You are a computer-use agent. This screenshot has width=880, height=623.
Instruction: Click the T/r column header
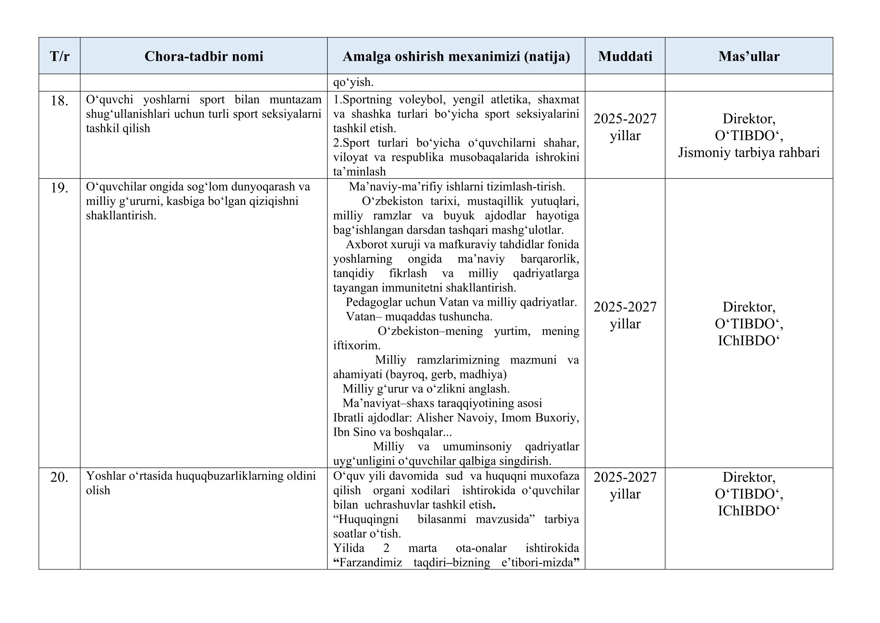coord(59,56)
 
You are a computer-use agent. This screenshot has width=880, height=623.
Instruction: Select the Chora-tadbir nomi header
coord(204,56)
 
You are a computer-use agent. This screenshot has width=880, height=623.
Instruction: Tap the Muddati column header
coord(625,56)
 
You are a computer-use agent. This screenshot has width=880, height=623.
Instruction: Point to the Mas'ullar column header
coord(749,56)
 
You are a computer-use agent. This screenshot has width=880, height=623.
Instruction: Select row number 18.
coord(59,101)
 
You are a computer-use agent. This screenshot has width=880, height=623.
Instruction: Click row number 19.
coord(59,188)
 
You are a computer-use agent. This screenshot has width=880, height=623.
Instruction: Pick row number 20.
coord(59,477)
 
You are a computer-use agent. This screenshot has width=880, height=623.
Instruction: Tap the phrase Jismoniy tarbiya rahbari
coord(749,153)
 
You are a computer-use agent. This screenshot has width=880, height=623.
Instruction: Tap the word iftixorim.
coord(356,345)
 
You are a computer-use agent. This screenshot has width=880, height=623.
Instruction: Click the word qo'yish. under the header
coord(353,82)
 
